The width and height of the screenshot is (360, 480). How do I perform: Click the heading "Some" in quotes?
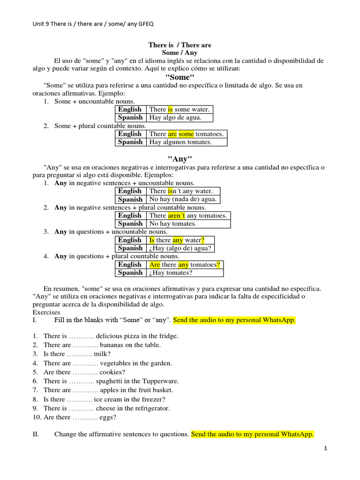point(180,77)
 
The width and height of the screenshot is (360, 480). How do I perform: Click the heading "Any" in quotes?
point(180,159)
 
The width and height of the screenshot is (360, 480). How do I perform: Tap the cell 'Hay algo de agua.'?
point(175,118)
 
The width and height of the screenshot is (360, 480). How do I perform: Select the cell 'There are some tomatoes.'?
point(186,134)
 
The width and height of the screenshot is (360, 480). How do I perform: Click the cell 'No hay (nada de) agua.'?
point(183,199)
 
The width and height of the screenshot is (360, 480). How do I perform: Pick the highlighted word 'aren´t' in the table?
point(177,216)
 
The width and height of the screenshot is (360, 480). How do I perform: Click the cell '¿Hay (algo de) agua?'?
point(180,248)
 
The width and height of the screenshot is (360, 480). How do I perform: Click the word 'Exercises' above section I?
point(46,312)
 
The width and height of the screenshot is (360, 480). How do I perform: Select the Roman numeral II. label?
point(36,435)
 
